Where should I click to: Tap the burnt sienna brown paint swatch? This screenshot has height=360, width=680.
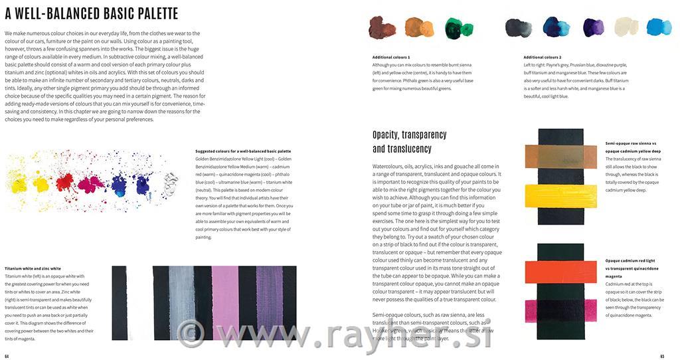tap(382, 28)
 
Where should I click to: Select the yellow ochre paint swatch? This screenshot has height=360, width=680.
tap(419, 28)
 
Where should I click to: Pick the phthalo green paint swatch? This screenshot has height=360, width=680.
tap(455, 28)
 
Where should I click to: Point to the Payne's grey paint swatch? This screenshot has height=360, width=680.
tap(519, 28)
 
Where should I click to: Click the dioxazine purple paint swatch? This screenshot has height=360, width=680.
tap(593, 27)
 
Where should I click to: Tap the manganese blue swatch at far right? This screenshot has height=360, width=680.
tap(659, 27)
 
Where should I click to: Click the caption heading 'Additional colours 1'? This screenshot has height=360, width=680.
tap(391, 57)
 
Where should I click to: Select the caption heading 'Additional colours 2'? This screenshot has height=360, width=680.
tap(542, 57)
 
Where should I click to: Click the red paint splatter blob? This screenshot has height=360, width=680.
tap(64, 180)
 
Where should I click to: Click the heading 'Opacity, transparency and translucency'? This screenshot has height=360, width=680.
tap(402, 141)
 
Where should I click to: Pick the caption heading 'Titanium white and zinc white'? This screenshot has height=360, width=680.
tap(33, 268)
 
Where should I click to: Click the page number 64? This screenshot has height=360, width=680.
tap(7, 356)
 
